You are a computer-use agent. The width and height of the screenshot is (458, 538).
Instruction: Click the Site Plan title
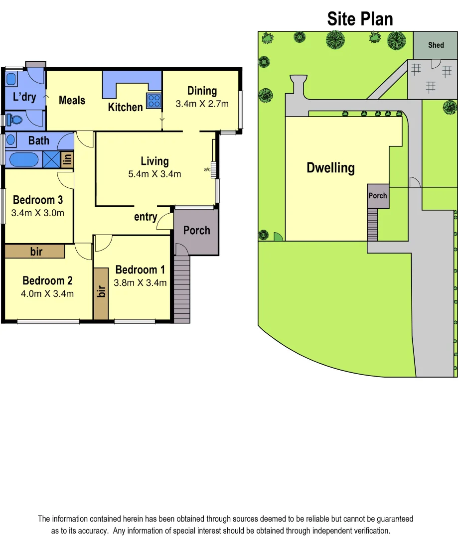tap(360, 19)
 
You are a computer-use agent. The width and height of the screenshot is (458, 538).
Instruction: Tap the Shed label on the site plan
tap(436, 45)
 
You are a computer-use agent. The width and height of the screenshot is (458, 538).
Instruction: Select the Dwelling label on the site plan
tap(330, 168)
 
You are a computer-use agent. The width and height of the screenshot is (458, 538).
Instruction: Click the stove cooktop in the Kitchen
tap(153, 101)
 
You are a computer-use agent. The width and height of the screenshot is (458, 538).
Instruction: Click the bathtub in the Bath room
tap(24, 160)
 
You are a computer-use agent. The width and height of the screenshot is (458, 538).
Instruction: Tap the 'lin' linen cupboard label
tap(67, 160)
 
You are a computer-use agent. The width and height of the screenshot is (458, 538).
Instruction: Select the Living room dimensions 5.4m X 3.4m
tap(154, 174)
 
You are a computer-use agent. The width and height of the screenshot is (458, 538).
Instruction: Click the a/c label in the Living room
tap(207, 170)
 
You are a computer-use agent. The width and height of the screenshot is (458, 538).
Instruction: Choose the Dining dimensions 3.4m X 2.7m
tap(202, 104)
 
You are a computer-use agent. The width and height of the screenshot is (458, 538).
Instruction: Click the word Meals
tap(72, 100)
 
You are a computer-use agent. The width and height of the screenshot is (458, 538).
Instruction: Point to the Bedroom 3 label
tap(38, 200)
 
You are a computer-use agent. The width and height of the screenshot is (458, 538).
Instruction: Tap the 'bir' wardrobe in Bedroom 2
tap(35, 251)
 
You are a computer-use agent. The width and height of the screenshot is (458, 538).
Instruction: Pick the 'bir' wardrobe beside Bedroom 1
tap(101, 293)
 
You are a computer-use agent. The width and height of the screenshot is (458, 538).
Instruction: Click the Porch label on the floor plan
tap(196, 230)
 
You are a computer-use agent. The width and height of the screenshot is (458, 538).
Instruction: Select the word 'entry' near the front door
tap(146, 217)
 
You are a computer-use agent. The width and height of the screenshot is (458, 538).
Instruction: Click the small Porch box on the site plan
tap(378, 196)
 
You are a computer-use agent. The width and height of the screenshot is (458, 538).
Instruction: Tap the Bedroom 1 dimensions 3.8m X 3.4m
tap(141, 283)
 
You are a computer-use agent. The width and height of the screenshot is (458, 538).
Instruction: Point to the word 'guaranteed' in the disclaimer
tap(392, 519)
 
